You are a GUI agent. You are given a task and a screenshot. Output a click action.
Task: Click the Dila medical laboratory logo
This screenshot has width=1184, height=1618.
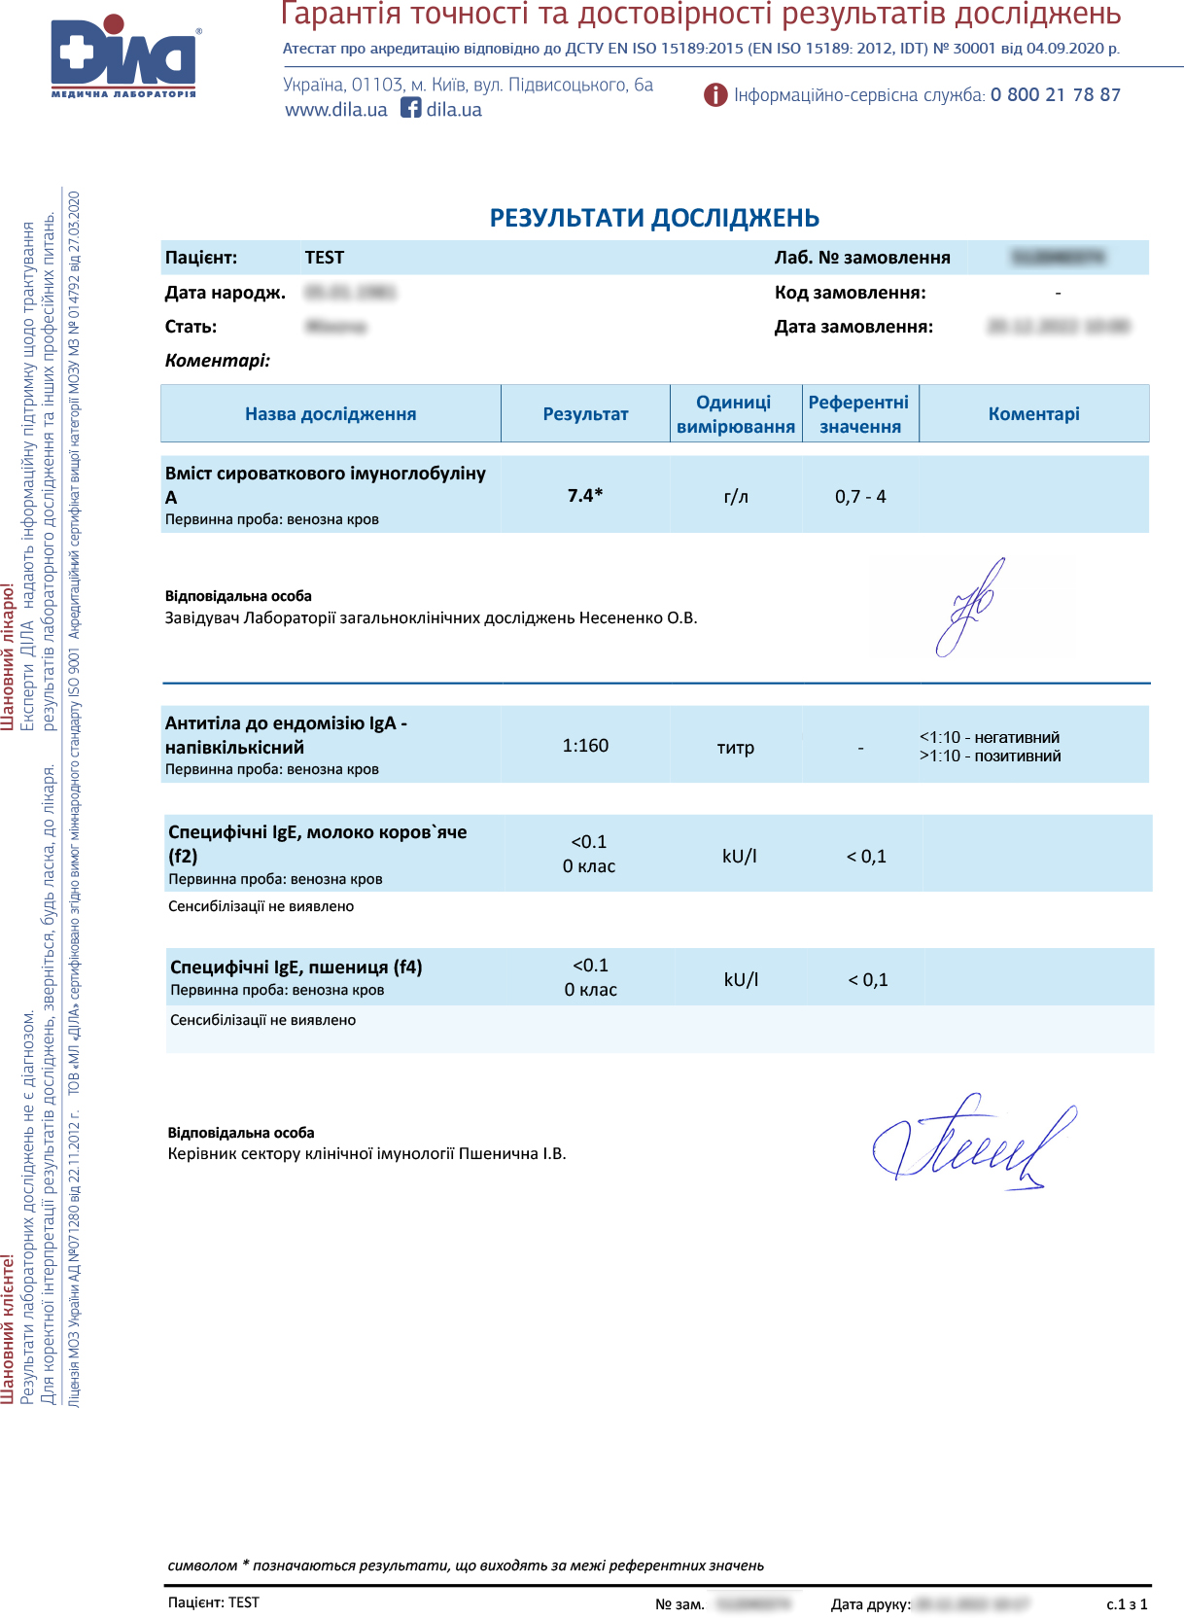pos(124,56)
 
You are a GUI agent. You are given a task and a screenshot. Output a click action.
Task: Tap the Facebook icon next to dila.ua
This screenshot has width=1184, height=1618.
pos(411,108)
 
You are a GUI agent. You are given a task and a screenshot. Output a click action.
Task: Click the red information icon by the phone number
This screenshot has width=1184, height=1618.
pos(715,95)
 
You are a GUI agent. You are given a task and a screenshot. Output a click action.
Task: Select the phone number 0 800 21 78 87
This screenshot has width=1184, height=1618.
pos(1055,95)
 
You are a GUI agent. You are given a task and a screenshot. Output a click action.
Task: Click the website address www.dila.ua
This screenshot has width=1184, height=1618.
pos(335,110)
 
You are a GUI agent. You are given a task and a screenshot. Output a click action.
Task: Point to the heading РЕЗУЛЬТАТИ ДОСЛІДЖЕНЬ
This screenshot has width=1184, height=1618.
pos(654,218)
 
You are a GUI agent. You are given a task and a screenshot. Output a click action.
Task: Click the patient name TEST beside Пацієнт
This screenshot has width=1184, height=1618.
pos(324,258)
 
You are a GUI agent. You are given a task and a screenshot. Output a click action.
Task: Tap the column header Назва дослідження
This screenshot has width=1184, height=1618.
pos(331,414)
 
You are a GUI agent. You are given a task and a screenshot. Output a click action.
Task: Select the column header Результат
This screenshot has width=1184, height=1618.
pos(585,414)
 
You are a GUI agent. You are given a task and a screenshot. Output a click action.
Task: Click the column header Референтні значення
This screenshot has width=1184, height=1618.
pos(859,414)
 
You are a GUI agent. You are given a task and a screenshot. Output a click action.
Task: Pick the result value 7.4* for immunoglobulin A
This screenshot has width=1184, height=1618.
pos(585,496)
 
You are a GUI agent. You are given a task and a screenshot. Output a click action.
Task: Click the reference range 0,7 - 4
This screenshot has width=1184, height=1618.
pos(860,497)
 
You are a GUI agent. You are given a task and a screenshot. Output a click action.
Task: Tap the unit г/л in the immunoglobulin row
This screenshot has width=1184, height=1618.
pos(736,497)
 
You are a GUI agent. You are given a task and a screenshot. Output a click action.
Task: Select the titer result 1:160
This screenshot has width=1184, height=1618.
pos(585,746)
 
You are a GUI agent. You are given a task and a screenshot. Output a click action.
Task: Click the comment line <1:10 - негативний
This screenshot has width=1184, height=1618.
pos(990,738)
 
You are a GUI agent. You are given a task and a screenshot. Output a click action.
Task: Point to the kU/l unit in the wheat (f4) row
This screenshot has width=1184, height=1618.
pos(741,979)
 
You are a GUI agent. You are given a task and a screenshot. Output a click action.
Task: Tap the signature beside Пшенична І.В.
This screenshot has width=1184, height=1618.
pos(972,1143)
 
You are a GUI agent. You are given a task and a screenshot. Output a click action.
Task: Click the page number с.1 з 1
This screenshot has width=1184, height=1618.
pos(1127,1604)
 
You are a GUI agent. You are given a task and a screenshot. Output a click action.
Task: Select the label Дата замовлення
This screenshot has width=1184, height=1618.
pos(853,327)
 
